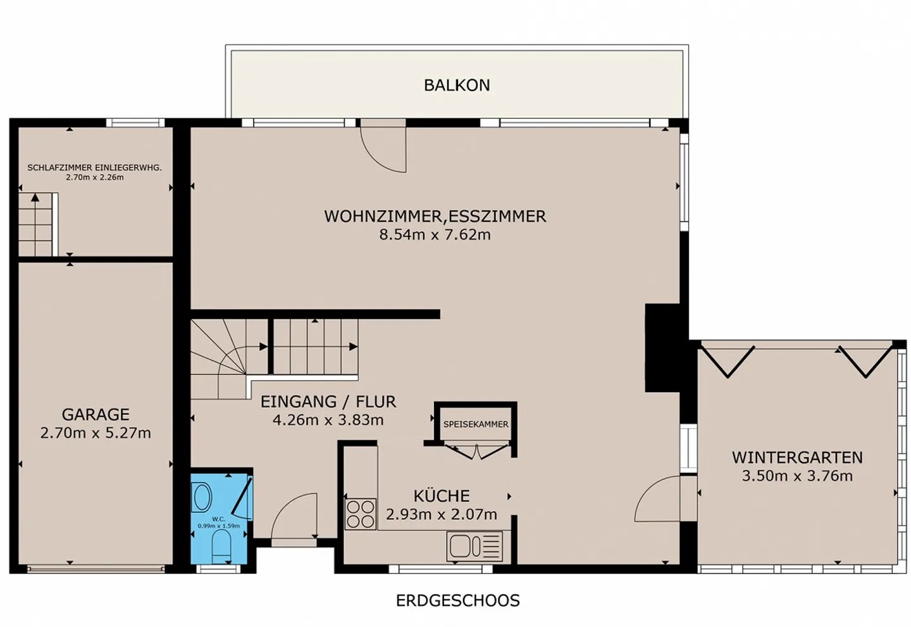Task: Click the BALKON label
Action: [x=457, y=85]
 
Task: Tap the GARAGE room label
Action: [x=96, y=414]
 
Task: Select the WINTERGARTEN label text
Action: [x=797, y=457]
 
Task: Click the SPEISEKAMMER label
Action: [x=476, y=424]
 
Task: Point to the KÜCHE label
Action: [x=442, y=495]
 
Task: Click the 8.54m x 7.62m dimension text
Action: [x=435, y=235]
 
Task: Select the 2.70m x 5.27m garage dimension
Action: [x=96, y=433]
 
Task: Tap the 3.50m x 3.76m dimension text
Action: [x=797, y=476]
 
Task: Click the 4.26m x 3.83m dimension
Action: [x=328, y=420]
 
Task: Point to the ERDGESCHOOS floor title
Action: [x=458, y=600]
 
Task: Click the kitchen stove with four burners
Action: [x=361, y=514]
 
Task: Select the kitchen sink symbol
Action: [x=474, y=547]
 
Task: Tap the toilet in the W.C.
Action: [x=221, y=545]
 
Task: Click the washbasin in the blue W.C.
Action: [x=201, y=497]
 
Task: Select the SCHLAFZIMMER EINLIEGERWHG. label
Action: [x=94, y=168]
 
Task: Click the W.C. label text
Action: [x=219, y=519]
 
